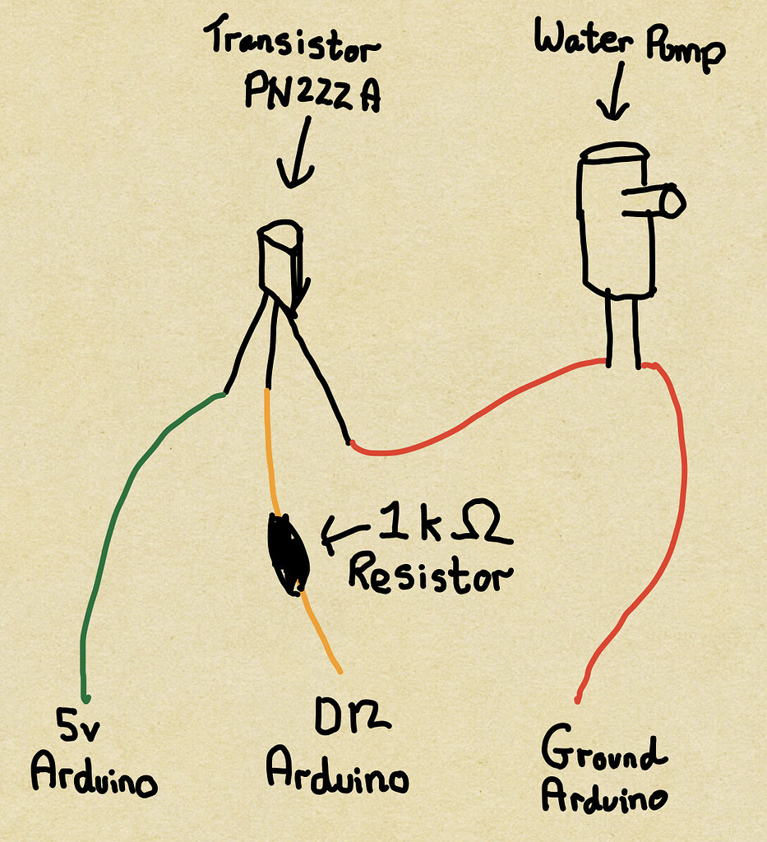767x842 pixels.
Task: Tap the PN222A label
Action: [x=312, y=93]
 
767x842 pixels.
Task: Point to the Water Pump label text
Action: [x=630, y=45]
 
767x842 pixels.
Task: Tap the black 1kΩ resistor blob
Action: [x=289, y=553]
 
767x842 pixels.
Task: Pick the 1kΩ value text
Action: [x=444, y=530]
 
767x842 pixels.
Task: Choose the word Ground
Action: [x=603, y=751]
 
